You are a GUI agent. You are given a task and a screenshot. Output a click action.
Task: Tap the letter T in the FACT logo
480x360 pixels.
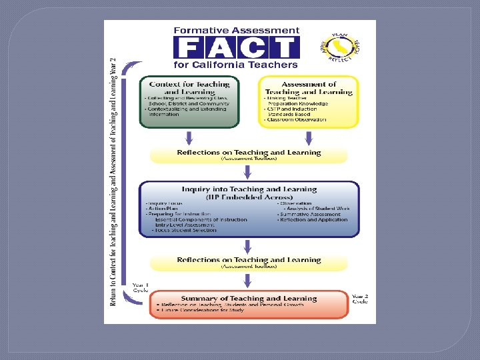click(x=284, y=47)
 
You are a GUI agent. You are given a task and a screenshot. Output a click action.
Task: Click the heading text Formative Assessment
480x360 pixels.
click(x=237, y=30)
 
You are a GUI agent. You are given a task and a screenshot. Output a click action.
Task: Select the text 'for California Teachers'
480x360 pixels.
click(x=235, y=65)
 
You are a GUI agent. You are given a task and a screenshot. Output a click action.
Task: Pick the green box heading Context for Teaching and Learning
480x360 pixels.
click(x=189, y=88)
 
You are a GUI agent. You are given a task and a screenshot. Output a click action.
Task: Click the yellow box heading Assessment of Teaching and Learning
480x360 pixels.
click(x=309, y=88)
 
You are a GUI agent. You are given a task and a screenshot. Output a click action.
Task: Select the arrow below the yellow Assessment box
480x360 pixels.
click(x=309, y=138)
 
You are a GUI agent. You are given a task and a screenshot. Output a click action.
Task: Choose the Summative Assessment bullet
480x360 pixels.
click(x=310, y=214)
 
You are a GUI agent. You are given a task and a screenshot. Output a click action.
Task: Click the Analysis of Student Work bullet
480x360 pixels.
click(x=317, y=209)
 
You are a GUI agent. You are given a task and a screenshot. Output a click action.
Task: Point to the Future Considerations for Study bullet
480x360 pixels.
click(x=201, y=310)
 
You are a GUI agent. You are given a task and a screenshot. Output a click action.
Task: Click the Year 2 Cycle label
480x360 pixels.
click(x=359, y=298)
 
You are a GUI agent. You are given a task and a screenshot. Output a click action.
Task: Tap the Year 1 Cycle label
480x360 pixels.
click(x=140, y=288)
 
